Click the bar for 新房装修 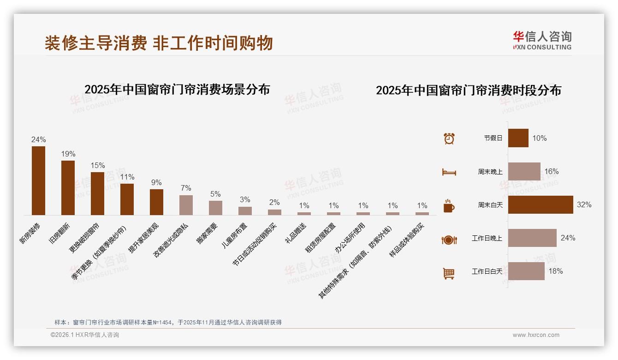point(38,180)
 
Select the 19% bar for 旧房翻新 point(68,187)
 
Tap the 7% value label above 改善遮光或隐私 point(186,188)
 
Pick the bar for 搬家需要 point(215,208)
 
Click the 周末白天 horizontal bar point(541,204)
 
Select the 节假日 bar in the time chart point(518,138)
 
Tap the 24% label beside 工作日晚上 point(568,238)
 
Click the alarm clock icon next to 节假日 point(449,138)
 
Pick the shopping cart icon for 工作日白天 point(449,273)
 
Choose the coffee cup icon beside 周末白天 point(449,206)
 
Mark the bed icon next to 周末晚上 point(449,172)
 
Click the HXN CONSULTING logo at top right point(542,40)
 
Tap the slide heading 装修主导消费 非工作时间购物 point(159,43)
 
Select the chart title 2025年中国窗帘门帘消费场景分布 point(177,90)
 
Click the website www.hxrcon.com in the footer point(536,335)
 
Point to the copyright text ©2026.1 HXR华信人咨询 point(84,335)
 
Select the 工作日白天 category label point(487,271)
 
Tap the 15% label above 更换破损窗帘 point(98,166)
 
